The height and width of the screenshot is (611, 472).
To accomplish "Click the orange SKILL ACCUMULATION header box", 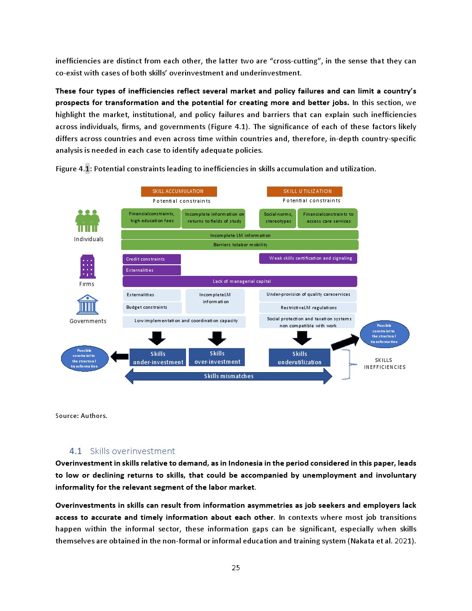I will click(179, 191).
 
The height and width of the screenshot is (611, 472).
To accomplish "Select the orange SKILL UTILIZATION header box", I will click(304, 191).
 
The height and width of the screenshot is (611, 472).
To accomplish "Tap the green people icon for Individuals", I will click(87, 221).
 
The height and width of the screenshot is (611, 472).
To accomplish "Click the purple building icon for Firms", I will click(87, 267).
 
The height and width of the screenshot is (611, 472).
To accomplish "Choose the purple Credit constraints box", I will click(151, 259).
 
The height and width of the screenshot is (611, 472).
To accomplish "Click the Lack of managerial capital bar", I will click(240, 281).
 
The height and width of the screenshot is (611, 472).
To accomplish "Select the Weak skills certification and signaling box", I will click(308, 258).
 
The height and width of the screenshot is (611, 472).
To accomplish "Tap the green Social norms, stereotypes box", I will click(278, 218).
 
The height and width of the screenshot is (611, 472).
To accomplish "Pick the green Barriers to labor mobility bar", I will click(240, 245).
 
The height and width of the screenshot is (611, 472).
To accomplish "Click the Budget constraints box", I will click(151, 307).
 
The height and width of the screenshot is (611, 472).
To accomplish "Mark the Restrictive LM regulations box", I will click(308, 308).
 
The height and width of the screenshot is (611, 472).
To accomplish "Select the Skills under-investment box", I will click(158, 358).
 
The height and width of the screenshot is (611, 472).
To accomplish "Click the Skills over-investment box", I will click(217, 357).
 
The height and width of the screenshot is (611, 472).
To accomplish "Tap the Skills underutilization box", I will click(299, 358).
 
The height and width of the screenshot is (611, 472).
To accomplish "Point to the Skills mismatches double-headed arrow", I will click(229, 376).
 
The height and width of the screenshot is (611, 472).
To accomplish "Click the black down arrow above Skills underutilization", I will click(302, 338).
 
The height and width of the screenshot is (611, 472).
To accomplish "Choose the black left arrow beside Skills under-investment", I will click(119, 356).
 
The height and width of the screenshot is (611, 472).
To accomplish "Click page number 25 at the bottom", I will click(236, 567).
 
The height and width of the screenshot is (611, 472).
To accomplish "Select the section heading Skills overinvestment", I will click(132, 451).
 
